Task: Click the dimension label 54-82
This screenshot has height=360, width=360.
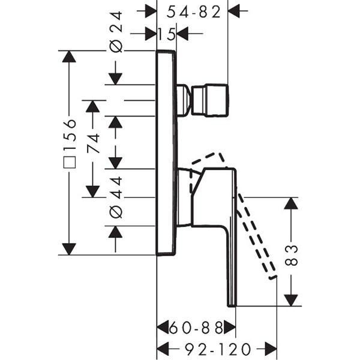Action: click(x=193, y=11)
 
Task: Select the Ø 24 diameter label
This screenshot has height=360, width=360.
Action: click(x=116, y=32)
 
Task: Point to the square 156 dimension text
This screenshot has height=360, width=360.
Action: click(x=70, y=145)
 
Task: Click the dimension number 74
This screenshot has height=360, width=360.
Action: click(x=92, y=144)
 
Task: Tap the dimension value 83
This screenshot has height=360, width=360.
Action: click(x=291, y=256)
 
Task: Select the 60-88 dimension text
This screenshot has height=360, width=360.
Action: click(x=196, y=328)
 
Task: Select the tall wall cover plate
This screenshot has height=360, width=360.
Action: click(x=166, y=153)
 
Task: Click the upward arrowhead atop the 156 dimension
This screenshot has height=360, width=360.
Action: click(x=70, y=56)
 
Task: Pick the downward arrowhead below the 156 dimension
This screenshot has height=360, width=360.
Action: click(x=70, y=248)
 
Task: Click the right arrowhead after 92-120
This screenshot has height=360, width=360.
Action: click(x=271, y=349)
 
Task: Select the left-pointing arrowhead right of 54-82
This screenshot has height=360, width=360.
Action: click(x=235, y=11)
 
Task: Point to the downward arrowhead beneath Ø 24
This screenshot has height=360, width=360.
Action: click(x=116, y=78)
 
